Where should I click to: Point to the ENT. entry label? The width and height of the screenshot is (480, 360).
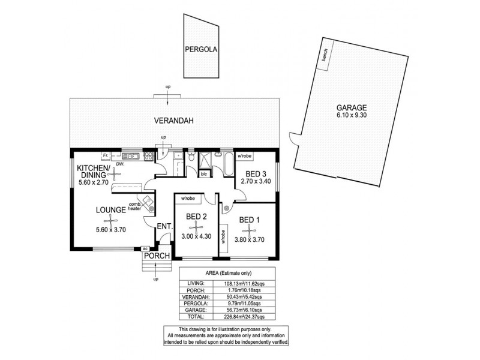(164, 226)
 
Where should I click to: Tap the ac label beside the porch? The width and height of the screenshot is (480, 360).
(145, 248)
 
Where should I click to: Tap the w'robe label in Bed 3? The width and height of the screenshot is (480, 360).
(244, 157)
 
